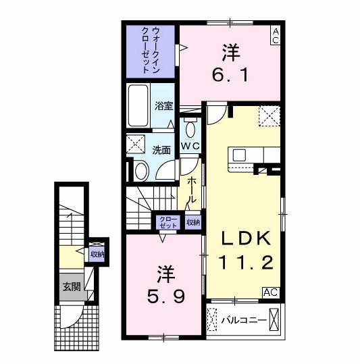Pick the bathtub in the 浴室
(x=140, y=107)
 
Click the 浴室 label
(x=164, y=106)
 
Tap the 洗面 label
(x=161, y=149)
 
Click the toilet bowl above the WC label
(x=190, y=129)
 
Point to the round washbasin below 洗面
(x=140, y=171)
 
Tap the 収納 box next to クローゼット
(x=193, y=222)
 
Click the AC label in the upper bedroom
(x=276, y=36)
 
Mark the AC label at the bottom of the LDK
(x=270, y=292)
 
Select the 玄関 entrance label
(x=72, y=286)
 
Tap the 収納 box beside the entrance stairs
(x=97, y=254)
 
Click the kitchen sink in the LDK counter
(x=240, y=155)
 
